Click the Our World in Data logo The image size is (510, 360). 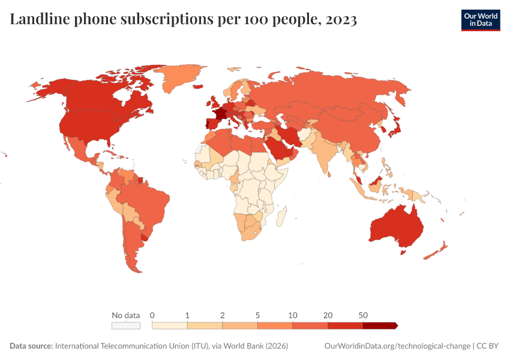480,20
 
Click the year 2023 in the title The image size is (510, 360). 341,20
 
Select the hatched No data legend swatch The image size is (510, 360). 126,325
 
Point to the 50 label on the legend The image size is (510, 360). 363,315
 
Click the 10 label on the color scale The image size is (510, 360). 293,315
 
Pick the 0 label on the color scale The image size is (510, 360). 152,315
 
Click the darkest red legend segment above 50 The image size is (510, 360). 379,325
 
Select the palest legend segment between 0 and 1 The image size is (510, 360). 170,325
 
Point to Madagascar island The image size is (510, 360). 281,215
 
